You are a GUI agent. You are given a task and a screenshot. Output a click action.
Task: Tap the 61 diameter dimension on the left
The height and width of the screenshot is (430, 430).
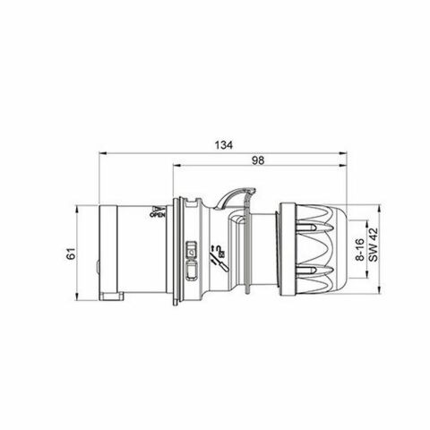click(x=71, y=254)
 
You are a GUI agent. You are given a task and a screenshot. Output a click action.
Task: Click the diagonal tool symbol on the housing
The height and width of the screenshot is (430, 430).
click(x=214, y=259)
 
